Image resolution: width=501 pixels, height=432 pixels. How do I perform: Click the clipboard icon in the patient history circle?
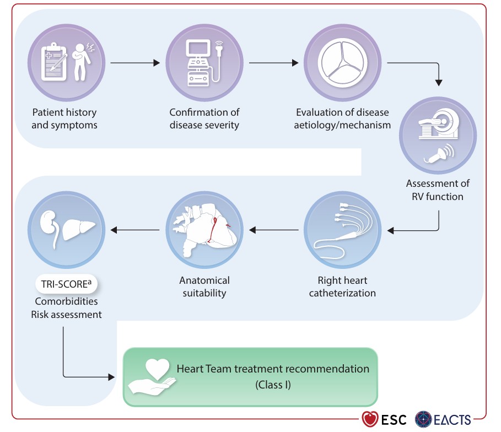[53, 62]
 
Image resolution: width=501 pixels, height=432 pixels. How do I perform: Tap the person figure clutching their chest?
[82, 62]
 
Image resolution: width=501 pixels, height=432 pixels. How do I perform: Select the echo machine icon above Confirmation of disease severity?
[204, 63]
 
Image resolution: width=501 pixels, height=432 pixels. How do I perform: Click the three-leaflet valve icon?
[342, 63]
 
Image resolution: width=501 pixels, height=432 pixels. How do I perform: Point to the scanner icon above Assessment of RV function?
[439, 125]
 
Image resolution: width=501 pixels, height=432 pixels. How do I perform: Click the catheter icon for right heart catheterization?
[342, 230]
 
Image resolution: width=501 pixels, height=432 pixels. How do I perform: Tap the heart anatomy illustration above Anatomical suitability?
[205, 230]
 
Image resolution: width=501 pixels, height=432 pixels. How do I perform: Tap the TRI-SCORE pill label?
[66, 284]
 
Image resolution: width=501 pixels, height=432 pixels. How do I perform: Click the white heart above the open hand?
[157, 369]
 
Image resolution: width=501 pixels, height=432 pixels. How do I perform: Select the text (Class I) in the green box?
[273, 385]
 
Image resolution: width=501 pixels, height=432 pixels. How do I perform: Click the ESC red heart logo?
[370, 419]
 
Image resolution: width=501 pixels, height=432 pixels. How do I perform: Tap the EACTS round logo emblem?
[423, 419]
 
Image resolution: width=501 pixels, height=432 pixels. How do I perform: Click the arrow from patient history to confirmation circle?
[135, 63]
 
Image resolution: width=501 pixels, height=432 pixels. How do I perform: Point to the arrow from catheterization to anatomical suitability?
[274, 230]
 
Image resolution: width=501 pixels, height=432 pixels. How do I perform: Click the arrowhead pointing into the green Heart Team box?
[111, 377]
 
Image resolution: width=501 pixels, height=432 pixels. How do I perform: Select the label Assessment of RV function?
[438, 190]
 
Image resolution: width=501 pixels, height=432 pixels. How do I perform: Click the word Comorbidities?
[66, 301]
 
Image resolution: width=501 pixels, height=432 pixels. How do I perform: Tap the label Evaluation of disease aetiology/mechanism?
[342, 118]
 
